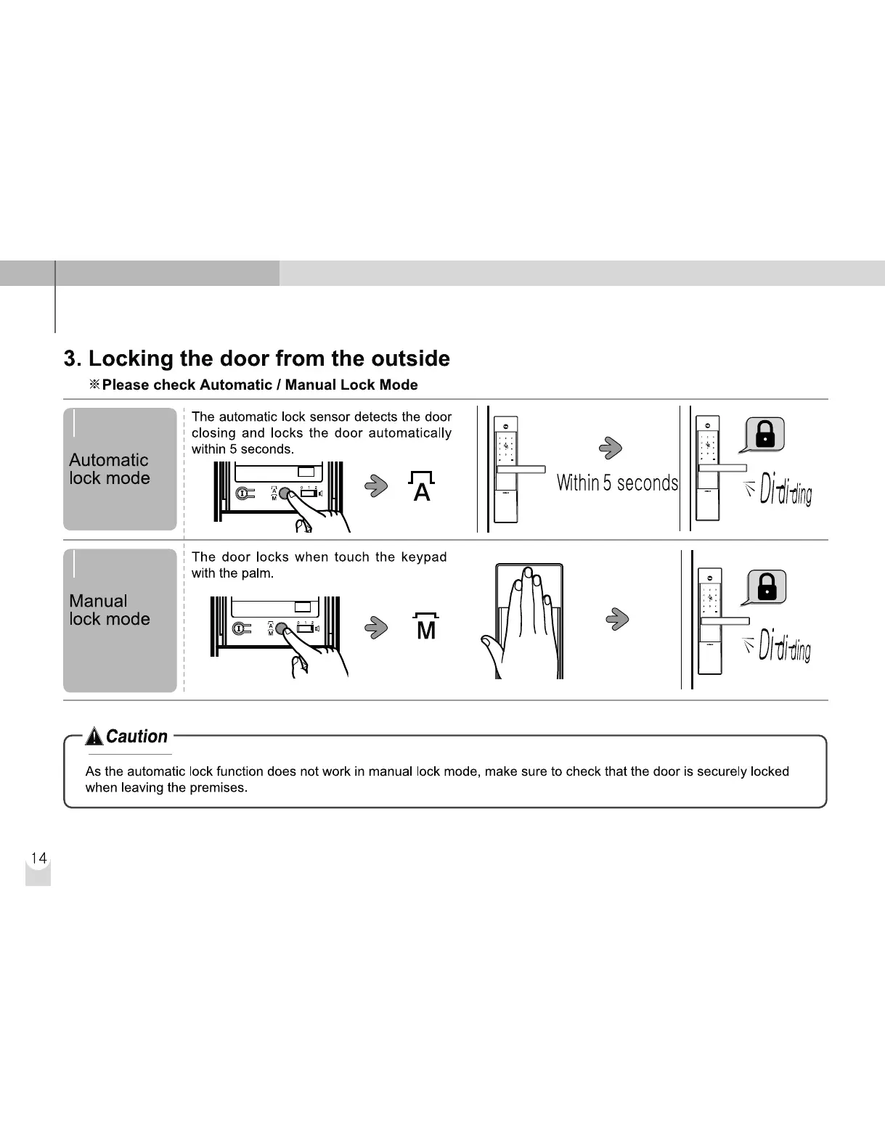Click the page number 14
tap(38, 858)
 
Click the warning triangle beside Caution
tap(94, 737)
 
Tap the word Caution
tap(136, 737)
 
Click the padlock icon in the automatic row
tap(765, 435)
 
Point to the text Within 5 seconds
tap(617, 483)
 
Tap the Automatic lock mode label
tap(110, 469)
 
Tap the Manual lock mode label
tap(110, 610)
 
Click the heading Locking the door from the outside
tap(257, 358)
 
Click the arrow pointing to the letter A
tap(375, 485)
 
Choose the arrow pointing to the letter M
tap(375, 626)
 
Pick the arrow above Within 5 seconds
tap(611, 448)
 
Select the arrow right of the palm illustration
tap(616, 618)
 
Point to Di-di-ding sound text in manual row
tap(784, 645)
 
